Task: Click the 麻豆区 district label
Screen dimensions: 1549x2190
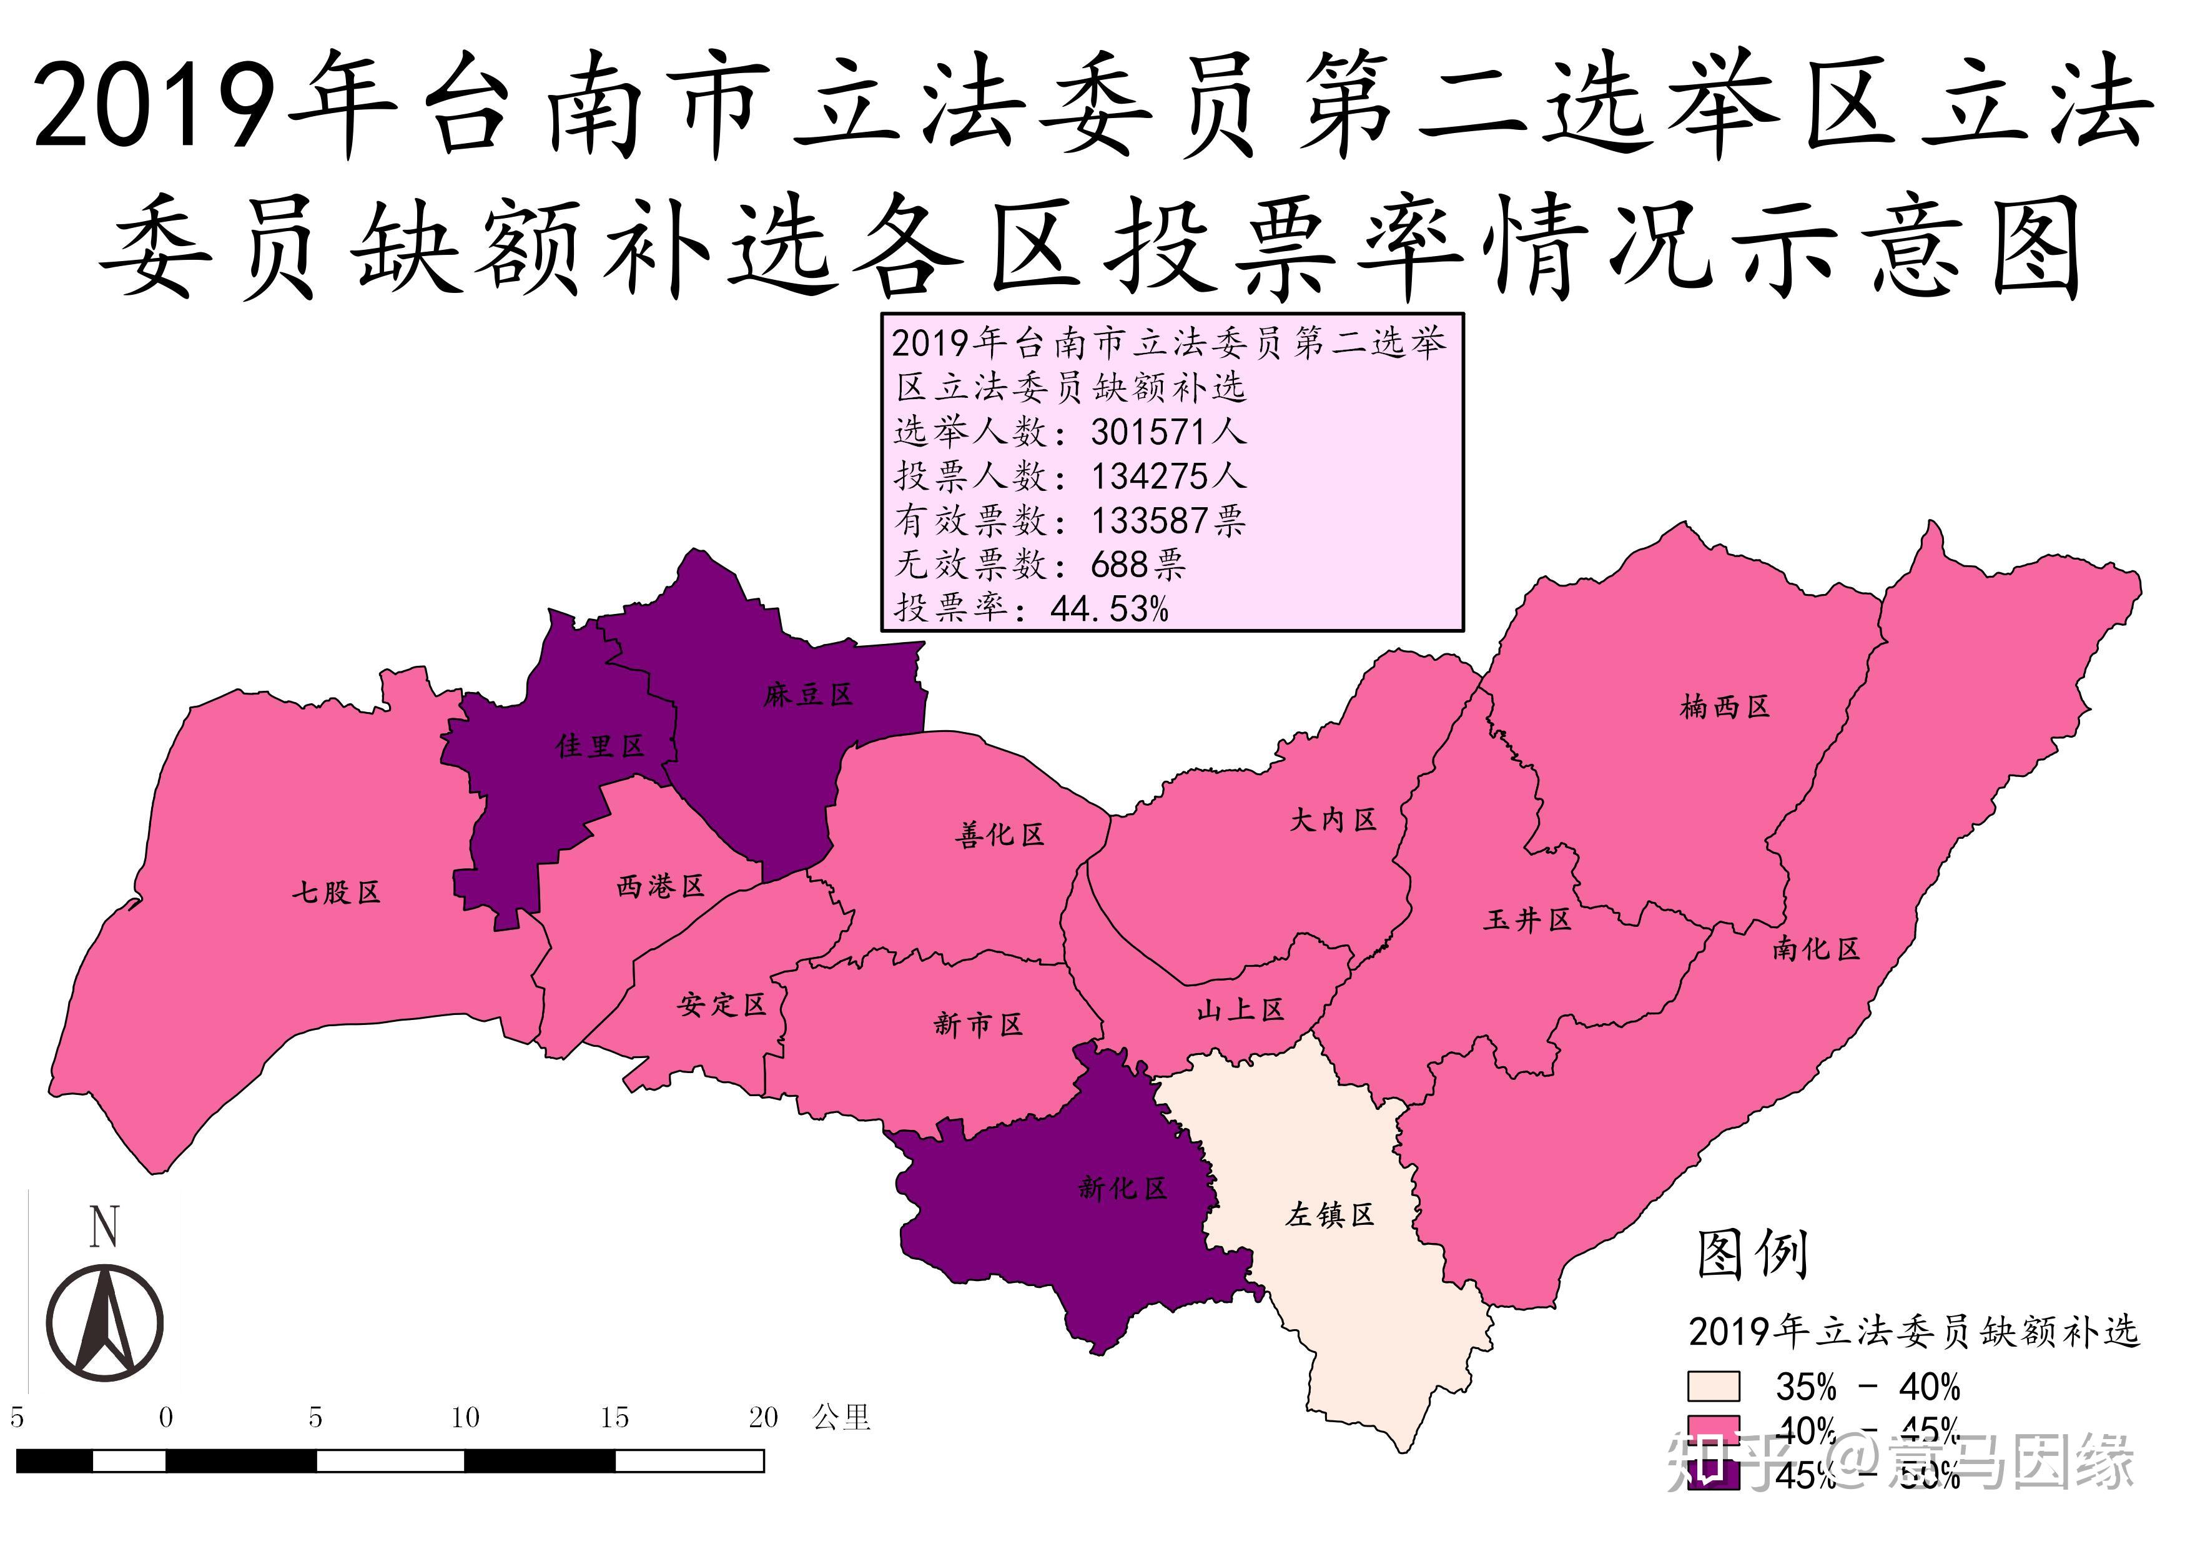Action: (x=808, y=695)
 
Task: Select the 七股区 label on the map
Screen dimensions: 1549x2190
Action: (x=336, y=892)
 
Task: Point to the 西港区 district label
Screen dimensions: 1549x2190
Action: (x=660, y=886)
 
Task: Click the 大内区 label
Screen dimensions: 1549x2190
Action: (x=1333, y=819)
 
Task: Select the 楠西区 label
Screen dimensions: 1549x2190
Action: (x=1725, y=707)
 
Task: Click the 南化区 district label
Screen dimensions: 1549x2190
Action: (x=1816, y=948)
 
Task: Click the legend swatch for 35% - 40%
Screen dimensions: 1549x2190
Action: (x=1713, y=1386)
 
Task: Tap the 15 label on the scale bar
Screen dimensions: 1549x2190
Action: (x=614, y=1417)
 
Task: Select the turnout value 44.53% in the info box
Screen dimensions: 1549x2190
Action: (x=1109, y=608)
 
